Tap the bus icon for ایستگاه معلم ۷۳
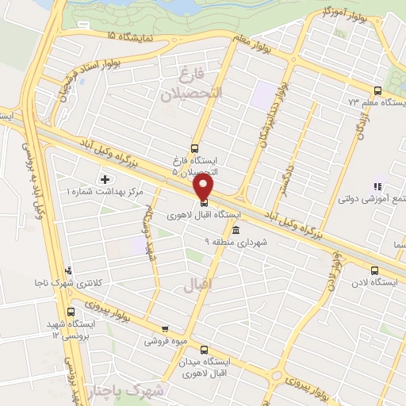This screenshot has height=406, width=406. point(377,90)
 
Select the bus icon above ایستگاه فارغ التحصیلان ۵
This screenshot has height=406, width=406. point(195,147)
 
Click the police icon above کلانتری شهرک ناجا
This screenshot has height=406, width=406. point(70,270)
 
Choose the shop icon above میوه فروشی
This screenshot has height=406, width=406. point(165,329)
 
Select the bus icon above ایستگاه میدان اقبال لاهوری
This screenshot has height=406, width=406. point(205,350)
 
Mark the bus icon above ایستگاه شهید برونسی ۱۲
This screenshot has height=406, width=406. point(72,312)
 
